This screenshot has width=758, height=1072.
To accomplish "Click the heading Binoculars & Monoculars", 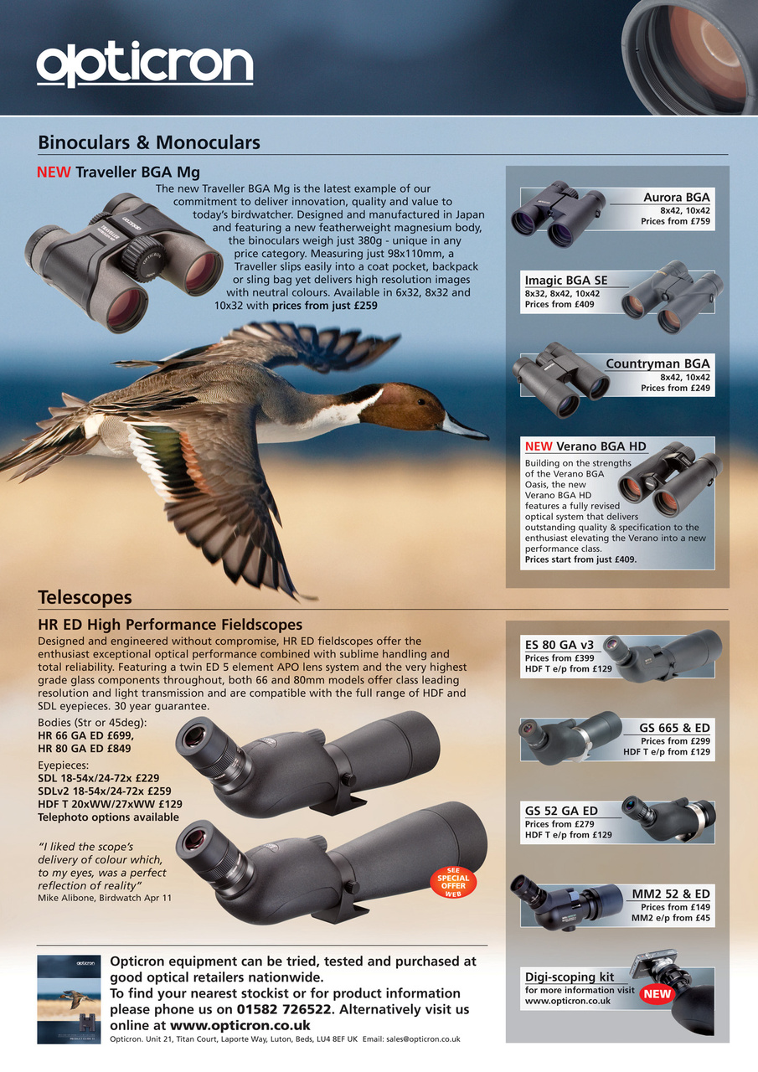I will tap(149, 142).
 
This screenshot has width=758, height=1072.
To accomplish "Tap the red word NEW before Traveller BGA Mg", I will tap(54, 173).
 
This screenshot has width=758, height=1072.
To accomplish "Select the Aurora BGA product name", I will tap(676, 198).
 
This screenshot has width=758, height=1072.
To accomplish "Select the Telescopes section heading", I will tap(85, 597).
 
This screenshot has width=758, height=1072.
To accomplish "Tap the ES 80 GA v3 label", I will tap(559, 645).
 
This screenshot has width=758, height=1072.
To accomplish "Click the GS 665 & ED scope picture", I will tap(570, 737).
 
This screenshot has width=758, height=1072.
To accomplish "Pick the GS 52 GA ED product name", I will tap(561, 811).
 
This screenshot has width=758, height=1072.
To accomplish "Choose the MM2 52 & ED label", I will tap(670, 894).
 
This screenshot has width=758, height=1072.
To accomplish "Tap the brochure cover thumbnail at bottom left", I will tap(69, 998).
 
